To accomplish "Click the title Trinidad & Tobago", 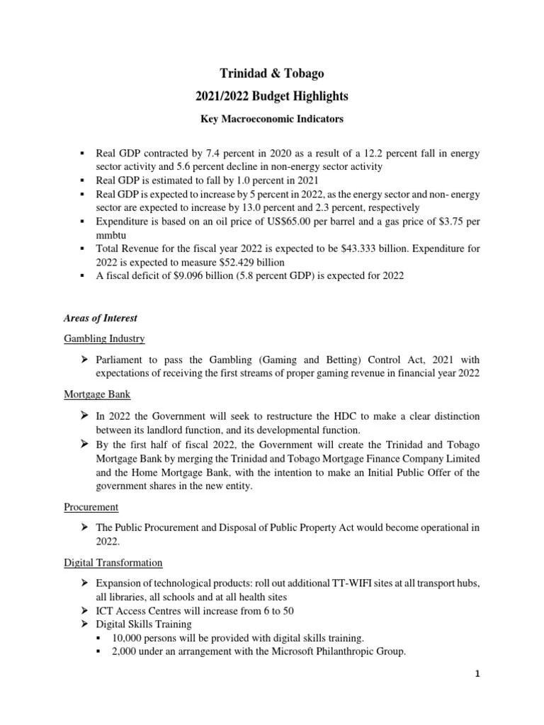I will coord(272,74).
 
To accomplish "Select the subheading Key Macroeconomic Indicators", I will coord(272,119).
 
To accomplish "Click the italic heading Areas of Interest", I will coord(92,319).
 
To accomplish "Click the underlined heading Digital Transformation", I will coord(113,562).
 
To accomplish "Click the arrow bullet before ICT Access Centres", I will coord(83,610).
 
